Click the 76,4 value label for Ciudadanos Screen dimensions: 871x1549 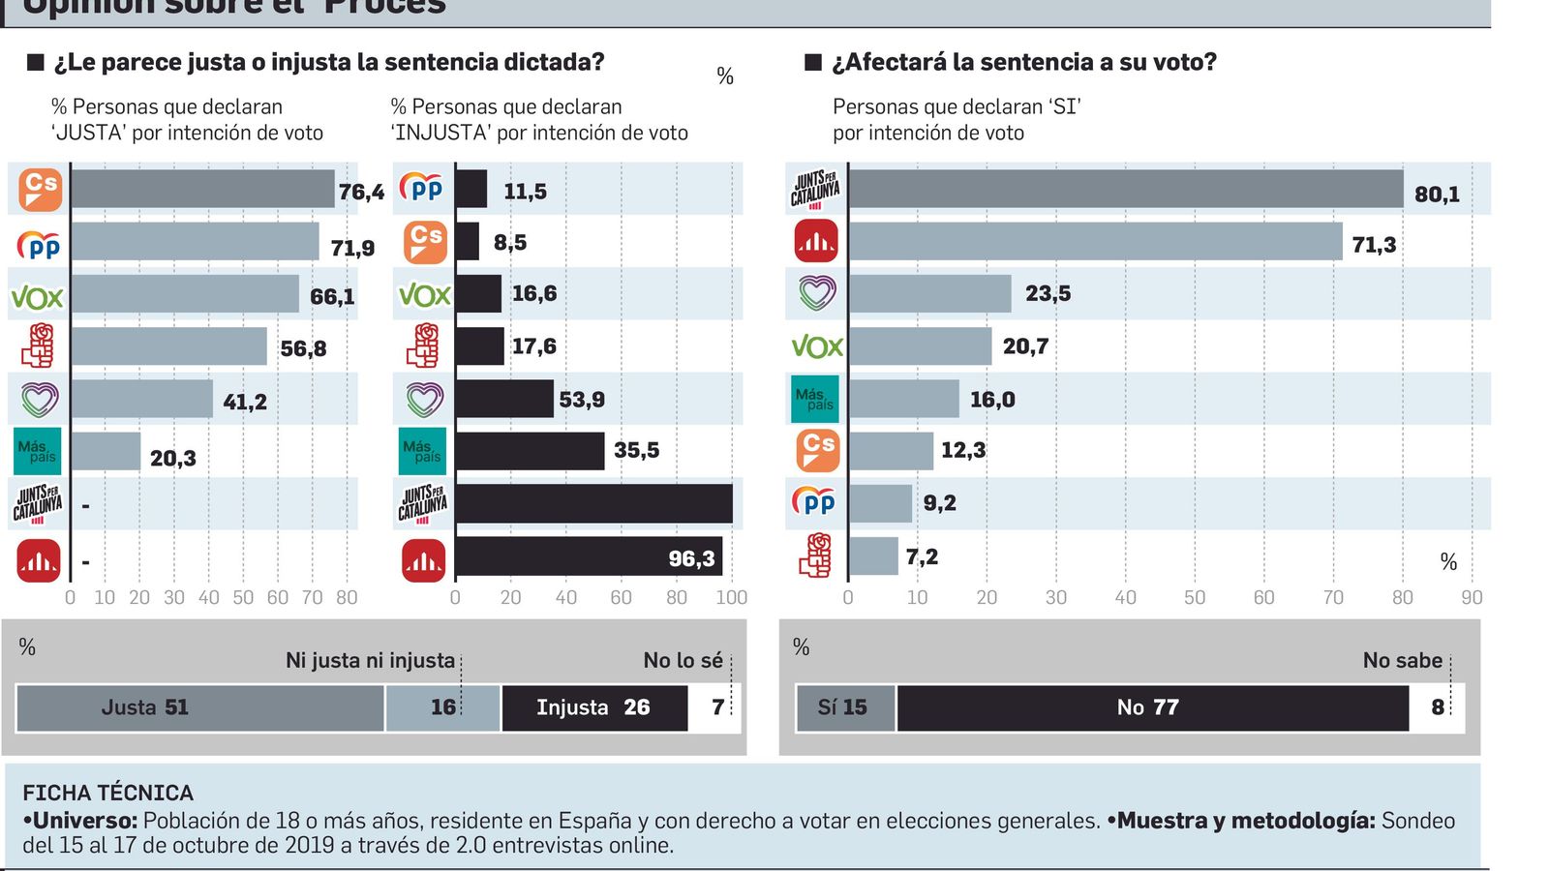(360, 192)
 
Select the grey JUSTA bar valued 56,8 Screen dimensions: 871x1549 (168, 346)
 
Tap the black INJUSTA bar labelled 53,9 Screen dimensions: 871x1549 (503, 399)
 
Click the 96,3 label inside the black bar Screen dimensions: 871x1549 (691, 558)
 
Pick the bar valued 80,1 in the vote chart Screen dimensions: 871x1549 (1125, 190)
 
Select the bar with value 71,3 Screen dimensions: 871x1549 (1095, 242)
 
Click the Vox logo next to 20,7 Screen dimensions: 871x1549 (816, 346)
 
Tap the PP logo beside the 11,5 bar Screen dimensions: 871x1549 (422, 189)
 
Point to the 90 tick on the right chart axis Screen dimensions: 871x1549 (1472, 598)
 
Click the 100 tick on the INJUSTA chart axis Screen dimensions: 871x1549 (731, 598)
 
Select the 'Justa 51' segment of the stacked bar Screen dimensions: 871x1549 (199, 707)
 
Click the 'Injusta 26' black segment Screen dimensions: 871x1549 (593, 707)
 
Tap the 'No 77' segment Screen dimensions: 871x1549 (1152, 707)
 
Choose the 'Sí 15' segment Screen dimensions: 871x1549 (844, 707)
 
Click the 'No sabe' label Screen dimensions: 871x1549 (1402, 661)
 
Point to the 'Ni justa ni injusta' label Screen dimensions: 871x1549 (370, 661)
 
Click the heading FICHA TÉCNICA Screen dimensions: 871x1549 (107, 793)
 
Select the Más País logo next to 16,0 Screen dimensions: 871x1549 (814, 399)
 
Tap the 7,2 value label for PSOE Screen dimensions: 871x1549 (922, 556)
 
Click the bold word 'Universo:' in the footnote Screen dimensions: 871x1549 (84, 821)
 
